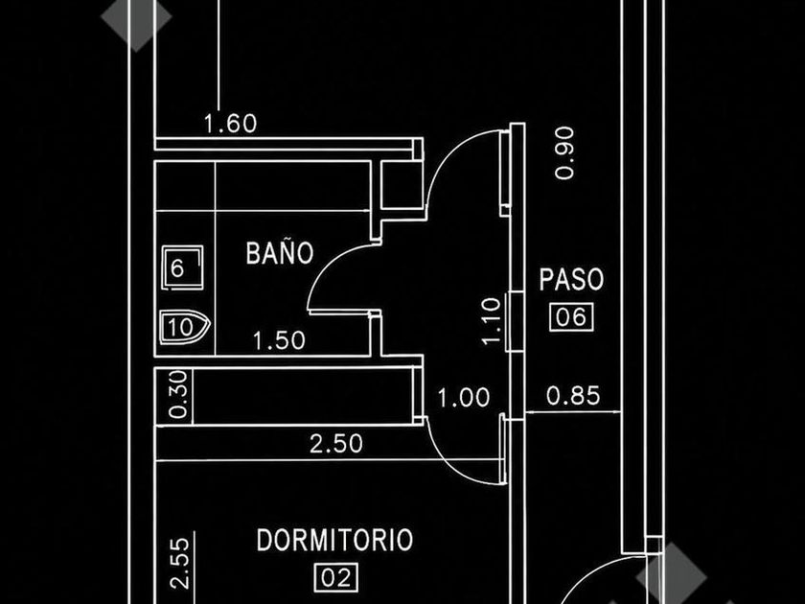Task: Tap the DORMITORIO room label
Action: point(334,540)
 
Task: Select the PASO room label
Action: point(571,279)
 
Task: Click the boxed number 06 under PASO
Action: point(571,317)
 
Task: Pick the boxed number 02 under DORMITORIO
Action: point(335,578)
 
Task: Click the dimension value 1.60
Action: point(231,124)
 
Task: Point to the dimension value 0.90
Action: point(564,152)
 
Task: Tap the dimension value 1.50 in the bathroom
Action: point(279,340)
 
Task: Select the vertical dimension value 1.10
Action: point(492,321)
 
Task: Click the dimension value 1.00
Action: point(464,398)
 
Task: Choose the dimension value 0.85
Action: point(573,396)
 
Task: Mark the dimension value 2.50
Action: point(336,444)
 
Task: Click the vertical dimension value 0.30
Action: point(178,394)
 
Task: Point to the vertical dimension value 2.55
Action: point(180,563)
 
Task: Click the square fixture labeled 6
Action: point(182,267)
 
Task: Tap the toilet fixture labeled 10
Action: point(185,327)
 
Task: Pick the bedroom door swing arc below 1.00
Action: point(451,462)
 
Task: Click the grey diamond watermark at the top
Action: point(136,18)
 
